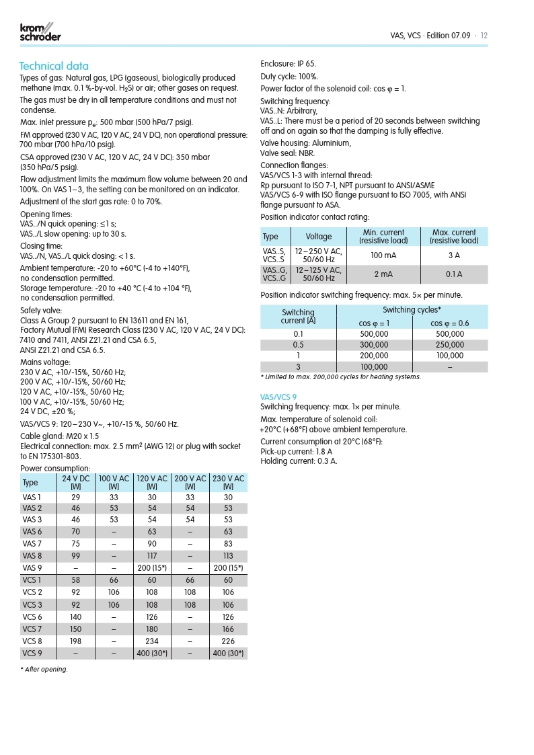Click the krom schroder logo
40,32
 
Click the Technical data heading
54,66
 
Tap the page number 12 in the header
484,35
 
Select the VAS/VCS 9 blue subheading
278,397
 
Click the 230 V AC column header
228,482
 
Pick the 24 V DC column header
75,482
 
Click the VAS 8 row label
32,555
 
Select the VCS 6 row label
32,617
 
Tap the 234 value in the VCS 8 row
152,641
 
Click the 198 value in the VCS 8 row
75,641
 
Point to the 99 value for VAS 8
75,555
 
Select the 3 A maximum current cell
454,255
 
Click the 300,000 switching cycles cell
374,344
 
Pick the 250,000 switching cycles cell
450,344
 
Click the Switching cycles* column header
412,309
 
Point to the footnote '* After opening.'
44,669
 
